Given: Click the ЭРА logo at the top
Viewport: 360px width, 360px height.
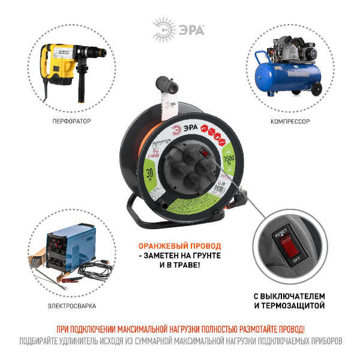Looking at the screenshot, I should tap(179, 29).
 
